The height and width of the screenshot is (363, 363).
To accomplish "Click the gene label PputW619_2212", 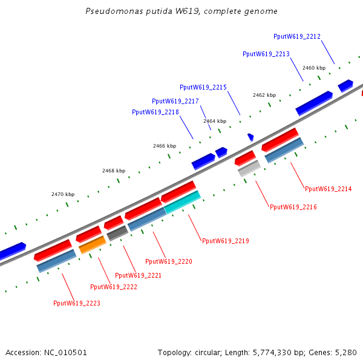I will coord(297,36).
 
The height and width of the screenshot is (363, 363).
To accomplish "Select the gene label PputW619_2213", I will coord(266,54).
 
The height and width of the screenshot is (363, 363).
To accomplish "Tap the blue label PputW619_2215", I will coord(203,87).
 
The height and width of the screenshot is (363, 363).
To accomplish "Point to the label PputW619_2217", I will coord(175,101).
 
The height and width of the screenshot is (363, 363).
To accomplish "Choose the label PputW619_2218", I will coord(155,112).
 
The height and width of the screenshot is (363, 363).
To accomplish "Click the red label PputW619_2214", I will coord(329,189).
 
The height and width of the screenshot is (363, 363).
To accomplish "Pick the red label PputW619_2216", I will coord(293,207).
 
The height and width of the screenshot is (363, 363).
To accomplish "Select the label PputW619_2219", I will coord(226,241).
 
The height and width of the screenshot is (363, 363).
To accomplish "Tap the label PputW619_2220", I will coord(169,261).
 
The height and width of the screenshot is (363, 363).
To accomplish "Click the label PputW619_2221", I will coord(138,275).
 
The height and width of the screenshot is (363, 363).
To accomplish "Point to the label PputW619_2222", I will coord(114,287).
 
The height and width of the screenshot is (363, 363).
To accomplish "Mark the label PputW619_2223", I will coord(77,303).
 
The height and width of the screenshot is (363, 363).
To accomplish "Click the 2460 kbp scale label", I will coord(314,68).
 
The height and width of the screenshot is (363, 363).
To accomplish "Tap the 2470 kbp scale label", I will coord(63,194).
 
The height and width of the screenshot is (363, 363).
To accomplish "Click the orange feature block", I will coord(93,244).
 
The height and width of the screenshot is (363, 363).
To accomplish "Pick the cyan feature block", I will coord(182,201).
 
